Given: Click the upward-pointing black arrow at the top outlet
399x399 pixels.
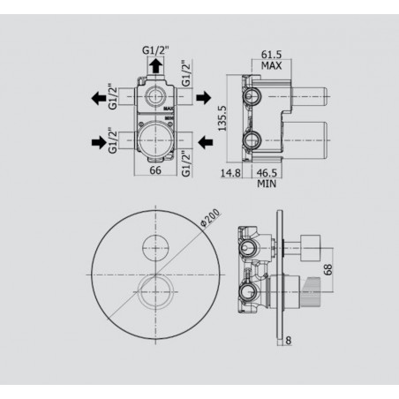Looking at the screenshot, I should point(156,66).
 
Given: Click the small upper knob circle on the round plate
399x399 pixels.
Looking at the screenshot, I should point(157,246).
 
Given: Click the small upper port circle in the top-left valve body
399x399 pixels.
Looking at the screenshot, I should point(156,97).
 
